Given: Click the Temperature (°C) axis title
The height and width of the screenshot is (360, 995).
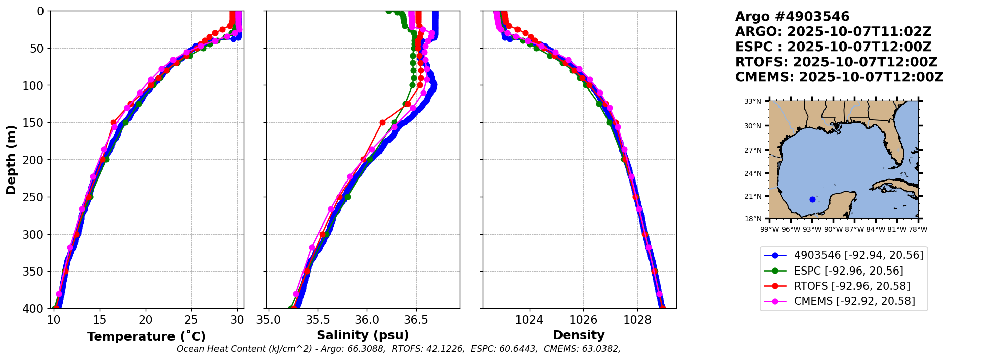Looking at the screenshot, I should click(x=146, y=337).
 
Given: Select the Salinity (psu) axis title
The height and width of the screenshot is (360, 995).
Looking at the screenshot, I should click(x=363, y=335).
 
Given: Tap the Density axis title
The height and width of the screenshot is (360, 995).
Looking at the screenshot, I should click(x=579, y=335).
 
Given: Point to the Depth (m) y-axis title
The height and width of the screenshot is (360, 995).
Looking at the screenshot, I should click(x=11, y=160).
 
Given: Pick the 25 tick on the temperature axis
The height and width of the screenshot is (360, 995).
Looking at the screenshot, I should click(x=191, y=320).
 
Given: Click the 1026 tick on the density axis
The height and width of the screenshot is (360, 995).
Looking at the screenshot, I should click(x=583, y=320).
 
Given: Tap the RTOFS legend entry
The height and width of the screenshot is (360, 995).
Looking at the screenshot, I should click(x=852, y=286).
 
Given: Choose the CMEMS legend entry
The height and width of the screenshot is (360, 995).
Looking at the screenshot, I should click(x=854, y=301).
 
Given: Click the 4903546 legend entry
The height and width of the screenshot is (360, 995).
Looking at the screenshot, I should click(x=858, y=255).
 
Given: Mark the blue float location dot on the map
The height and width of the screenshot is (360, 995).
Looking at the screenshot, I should click(x=812, y=199).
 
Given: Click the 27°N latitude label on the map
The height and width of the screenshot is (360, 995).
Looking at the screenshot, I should click(x=753, y=150).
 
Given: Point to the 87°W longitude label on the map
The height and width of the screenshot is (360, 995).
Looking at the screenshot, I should click(x=854, y=229).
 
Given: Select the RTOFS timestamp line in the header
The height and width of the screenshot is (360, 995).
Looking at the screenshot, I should click(x=836, y=62).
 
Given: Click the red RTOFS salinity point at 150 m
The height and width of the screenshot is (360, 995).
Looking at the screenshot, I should click(x=382, y=122).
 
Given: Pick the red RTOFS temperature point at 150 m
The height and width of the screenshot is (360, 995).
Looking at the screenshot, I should click(x=113, y=122).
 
